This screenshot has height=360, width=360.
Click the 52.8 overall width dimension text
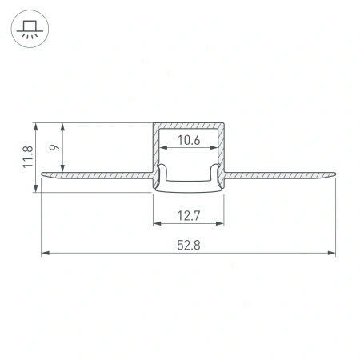(188, 246)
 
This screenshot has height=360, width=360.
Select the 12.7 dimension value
(188, 214)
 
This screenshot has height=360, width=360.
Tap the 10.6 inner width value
(188, 141)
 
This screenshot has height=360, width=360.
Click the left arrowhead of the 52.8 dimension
(44, 254)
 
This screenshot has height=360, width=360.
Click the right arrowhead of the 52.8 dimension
(332, 254)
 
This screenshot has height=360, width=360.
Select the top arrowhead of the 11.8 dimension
(36, 126)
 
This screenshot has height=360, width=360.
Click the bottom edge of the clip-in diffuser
(188, 191)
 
